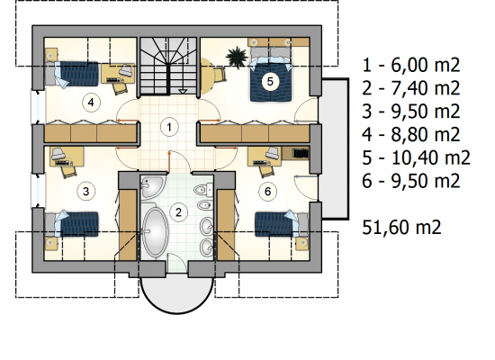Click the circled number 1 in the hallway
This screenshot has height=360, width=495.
169,127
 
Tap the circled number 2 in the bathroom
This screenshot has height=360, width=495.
178,212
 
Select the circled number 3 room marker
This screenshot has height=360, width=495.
85,191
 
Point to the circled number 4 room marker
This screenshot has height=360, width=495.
91,103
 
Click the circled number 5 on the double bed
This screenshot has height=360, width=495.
270,82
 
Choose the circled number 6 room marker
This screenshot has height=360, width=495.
267,191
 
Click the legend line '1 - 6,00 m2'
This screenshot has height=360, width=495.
411,65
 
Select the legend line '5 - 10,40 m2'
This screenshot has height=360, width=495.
416,157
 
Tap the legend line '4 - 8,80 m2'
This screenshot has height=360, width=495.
411,134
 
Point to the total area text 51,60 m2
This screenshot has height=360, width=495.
401,227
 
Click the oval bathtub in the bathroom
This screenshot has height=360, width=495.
155,231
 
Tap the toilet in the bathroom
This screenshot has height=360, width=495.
204,190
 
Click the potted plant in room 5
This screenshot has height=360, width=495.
237,57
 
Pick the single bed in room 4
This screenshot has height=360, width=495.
72,75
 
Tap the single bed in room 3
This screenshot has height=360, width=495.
72,224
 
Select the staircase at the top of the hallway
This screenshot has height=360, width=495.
168,66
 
